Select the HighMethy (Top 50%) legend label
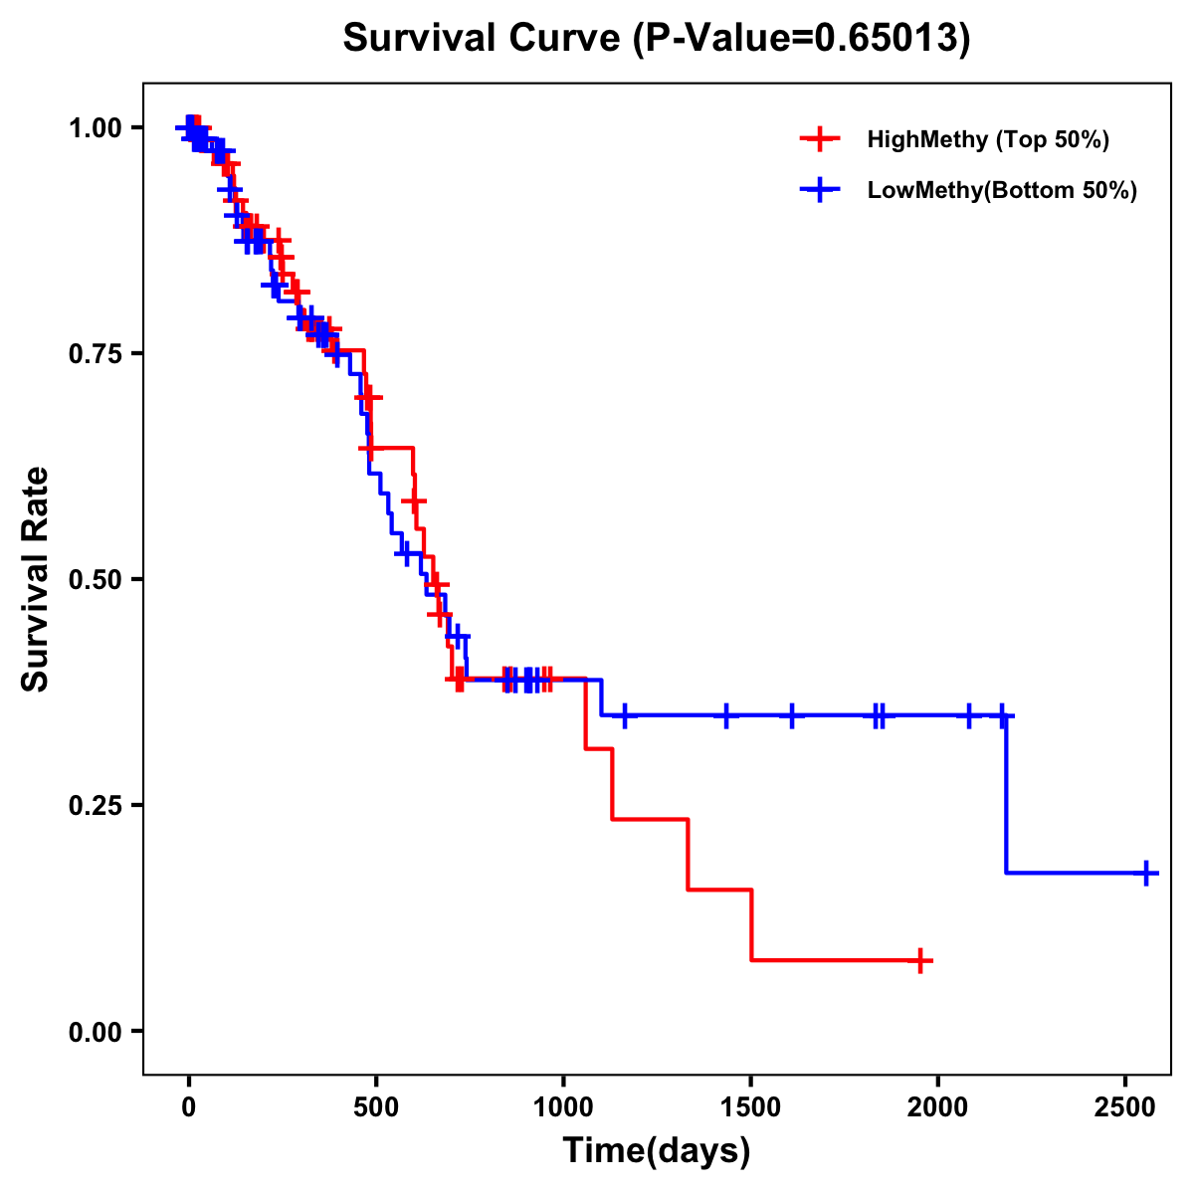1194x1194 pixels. pyautogui.click(x=987, y=139)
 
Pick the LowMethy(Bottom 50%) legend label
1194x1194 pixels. pyautogui.click(x=1002, y=191)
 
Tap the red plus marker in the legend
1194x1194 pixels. pyautogui.click(x=818, y=139)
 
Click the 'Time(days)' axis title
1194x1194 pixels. pyautogui.click(x=657, y=1151)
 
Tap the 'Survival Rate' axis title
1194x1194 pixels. pyautogui.click(x=36, y=579)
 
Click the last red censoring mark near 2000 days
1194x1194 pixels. pyautogui.click(x=921, y=960)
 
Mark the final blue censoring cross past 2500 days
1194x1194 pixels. pyautogui.click(x=1146, y=873)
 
